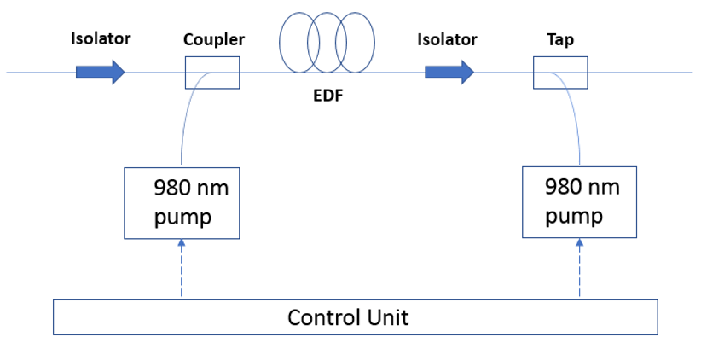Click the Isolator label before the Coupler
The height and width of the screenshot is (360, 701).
coord(101,38)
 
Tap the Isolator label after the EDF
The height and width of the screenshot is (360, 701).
coord(447,39)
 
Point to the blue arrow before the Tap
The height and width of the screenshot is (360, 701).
coord(449,72)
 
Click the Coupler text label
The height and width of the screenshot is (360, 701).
coord(214,39)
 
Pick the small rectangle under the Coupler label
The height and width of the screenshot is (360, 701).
coord(212,73)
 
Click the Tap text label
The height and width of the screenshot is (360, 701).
coord(560,39)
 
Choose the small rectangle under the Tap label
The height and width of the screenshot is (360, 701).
coord(560,73)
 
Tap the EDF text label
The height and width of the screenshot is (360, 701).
coord(328,96)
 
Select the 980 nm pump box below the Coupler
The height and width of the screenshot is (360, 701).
coord(182,203)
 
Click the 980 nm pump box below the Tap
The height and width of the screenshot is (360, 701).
coord(579,201)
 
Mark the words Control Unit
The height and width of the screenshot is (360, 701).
coord(348,318)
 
